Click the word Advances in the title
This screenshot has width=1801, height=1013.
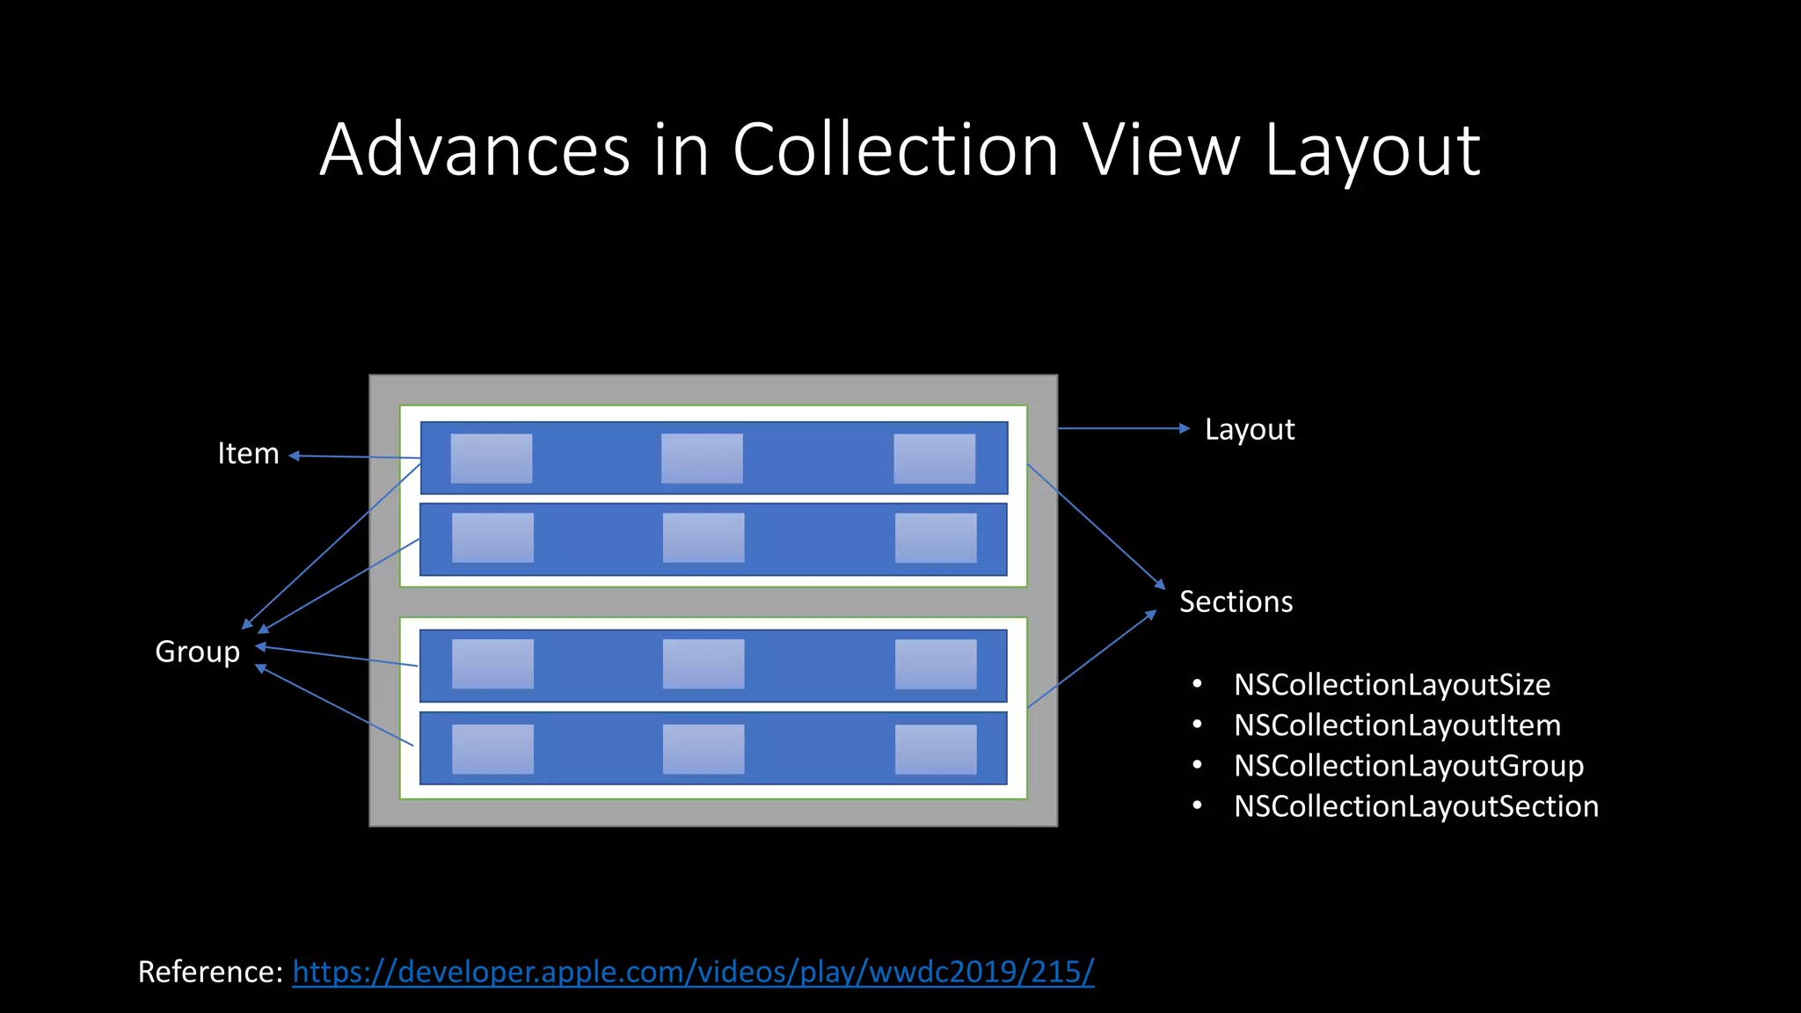(475, 149)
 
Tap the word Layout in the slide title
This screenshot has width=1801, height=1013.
(1372, 151)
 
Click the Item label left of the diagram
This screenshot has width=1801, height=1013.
(248, 454)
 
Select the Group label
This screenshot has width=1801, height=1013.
(197, 652)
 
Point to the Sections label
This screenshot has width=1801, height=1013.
(1236, 601)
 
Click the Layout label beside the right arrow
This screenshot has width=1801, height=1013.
(1250, 429)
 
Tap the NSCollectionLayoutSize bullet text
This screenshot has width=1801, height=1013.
(1392, 684)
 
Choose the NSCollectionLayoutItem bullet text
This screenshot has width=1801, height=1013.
(1397, 725)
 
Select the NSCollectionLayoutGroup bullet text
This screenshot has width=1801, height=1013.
(1409, 766)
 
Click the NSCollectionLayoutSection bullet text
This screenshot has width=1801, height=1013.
(1416, 806)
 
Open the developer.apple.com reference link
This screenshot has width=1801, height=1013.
(693, 972)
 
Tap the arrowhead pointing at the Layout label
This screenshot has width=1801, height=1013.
(1185, 428)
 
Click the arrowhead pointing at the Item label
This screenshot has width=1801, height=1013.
(295, 455)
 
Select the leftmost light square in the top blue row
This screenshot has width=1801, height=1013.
(492, 458)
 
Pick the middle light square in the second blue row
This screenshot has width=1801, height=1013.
(704, 537)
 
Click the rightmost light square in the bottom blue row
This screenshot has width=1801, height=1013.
(936, 749)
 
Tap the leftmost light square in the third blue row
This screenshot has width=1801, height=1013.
(492, 664)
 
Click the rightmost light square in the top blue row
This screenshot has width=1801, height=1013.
(935, 458)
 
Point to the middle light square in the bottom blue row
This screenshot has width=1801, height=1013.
(704, 749)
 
